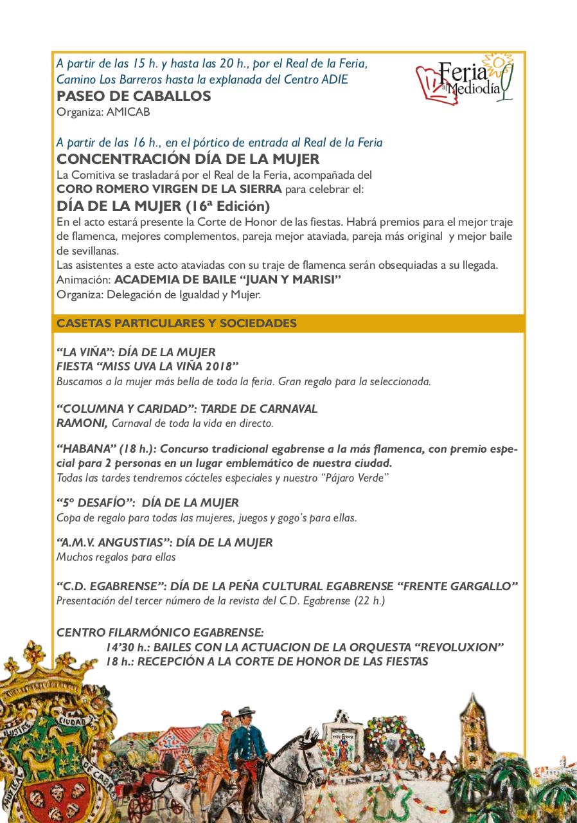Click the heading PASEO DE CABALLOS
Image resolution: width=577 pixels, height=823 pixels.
click(134, 96)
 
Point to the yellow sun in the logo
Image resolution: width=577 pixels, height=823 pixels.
click(495, 62)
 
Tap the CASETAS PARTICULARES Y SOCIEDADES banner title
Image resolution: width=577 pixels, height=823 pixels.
click(177, 323)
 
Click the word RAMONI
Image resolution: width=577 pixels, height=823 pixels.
click(82, 422)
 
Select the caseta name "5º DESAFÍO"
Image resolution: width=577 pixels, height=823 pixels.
click(95, 503)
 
